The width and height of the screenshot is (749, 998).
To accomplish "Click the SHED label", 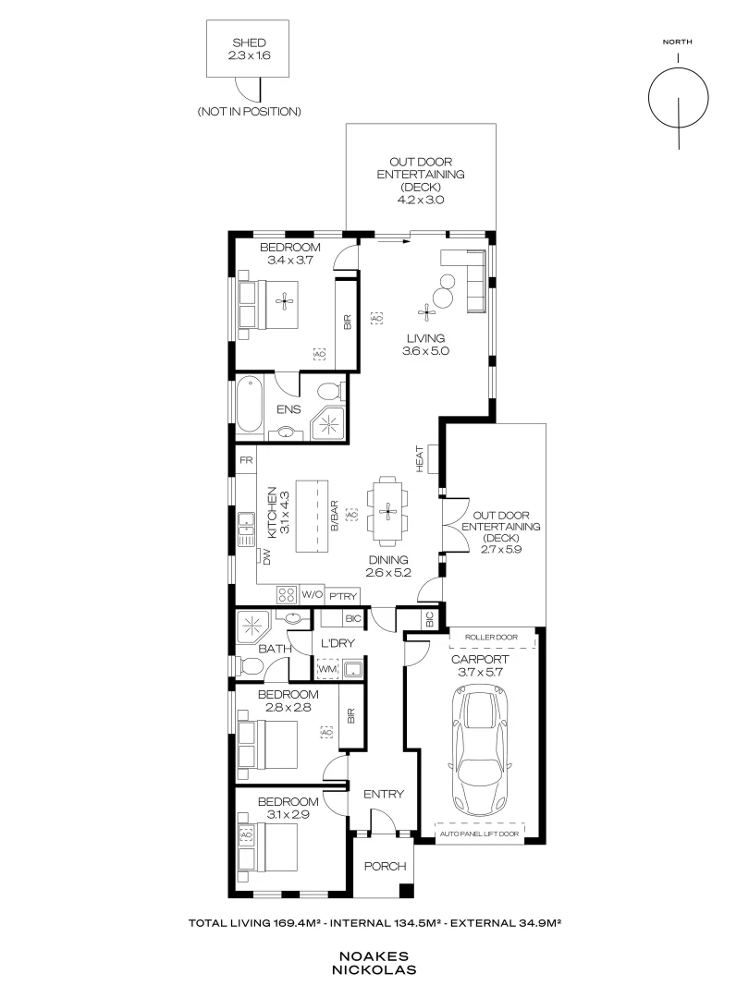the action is pos(249,43).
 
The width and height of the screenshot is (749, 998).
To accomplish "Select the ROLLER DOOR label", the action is pos(491,637).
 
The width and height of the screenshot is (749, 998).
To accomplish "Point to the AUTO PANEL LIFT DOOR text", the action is pos(479,834).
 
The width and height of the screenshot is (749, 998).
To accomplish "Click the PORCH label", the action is pos(385,866).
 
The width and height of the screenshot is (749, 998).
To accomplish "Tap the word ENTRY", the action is pos(384,794).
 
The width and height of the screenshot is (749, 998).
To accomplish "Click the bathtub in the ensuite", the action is pos(249,404).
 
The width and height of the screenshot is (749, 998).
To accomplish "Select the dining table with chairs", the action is pos(387,511).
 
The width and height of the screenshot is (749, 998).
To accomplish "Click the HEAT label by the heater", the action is pos(420,459).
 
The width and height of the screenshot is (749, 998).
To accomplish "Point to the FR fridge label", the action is pos(246,459).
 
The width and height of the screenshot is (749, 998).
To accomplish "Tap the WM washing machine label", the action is pos(327,670).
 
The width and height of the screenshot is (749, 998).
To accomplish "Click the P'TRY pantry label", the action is pos(343,596).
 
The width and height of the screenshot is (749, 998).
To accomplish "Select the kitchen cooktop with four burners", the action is pos(287,595).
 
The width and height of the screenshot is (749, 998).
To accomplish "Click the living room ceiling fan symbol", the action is pos(425,312).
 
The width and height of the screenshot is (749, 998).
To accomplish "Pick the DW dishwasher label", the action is pos(267,557).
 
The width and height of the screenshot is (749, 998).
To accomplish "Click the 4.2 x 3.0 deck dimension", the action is pos(421,200).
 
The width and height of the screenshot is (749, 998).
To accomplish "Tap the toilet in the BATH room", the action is pos(250,667).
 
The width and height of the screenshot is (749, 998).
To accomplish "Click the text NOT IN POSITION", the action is pos(249,112).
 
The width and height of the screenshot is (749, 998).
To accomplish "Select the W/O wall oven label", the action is pos(313,595).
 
